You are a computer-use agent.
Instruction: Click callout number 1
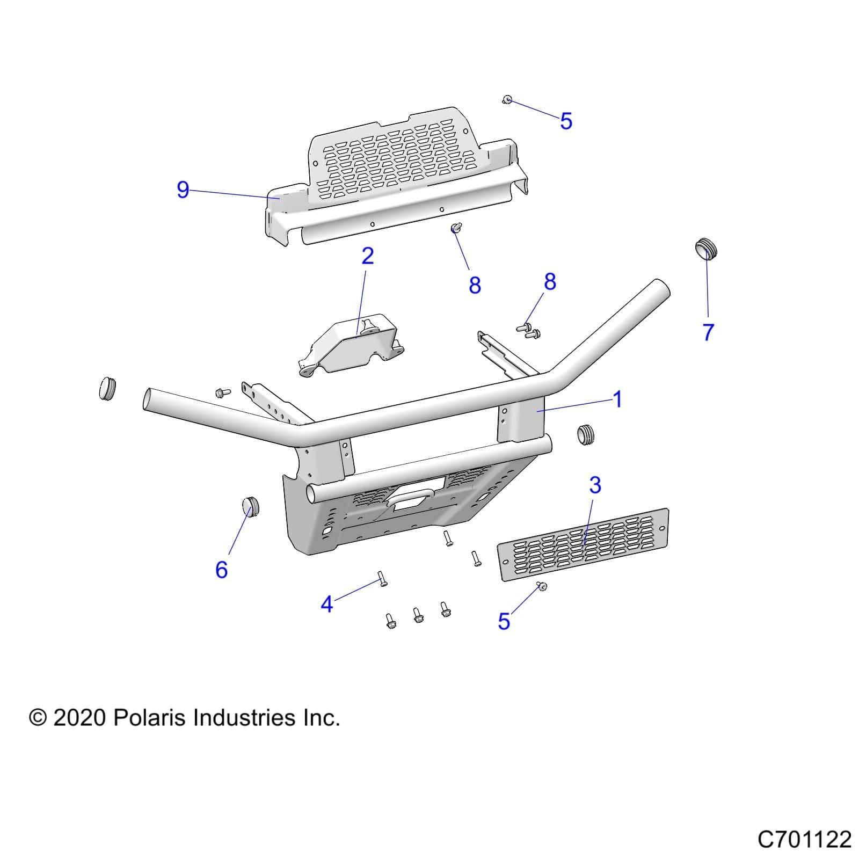click(617, 399)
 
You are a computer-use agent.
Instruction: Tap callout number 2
click(367, 256)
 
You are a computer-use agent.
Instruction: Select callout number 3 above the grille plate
click(595, 485)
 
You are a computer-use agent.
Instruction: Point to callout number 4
click(326, 605)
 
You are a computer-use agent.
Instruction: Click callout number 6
click(221, 569)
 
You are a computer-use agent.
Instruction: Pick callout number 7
click(708, 332)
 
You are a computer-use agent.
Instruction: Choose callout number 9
click(183, 190)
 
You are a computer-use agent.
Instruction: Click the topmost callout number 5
click(566, 121)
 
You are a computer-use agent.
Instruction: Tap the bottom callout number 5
click(504, 621)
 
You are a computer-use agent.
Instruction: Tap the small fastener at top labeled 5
click(507, 100)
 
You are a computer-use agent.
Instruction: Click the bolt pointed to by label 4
click(382, 579)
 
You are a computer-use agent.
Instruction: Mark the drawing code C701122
click(804, 839)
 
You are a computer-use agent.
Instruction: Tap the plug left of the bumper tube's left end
click(107, 388)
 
